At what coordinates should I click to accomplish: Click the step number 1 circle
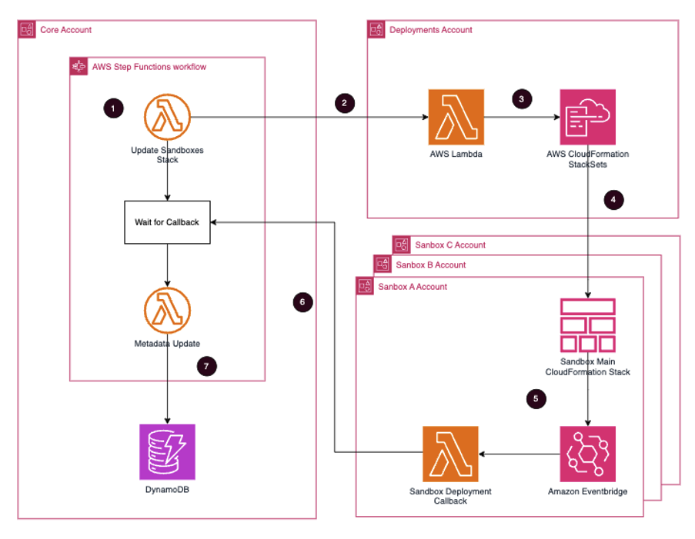(x=113, y=109)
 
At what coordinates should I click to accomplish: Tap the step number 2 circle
(x=344, y=103)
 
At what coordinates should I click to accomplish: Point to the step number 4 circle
(x=613, y=200)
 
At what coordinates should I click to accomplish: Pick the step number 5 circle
(x=536, y=399)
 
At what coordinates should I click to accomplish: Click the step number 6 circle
(x=303, y=303)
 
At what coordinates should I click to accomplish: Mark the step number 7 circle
(x=206, y=366)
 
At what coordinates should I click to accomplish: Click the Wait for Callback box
(x=167, y=223)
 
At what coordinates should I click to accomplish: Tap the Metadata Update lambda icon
(x=167, y=311)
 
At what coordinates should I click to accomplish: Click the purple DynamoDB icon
(x=167, y=450)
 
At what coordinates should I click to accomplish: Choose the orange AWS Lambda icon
(x=456, y=117)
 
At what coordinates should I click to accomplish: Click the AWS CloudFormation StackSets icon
(x=588, y=117)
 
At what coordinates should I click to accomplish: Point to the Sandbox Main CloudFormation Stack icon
(x=588, y=325)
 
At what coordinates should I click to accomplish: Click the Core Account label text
(x=65, y=30)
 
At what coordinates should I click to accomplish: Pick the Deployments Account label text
(x=431, y=30)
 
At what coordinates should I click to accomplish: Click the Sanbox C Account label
(x=449, y=245)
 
